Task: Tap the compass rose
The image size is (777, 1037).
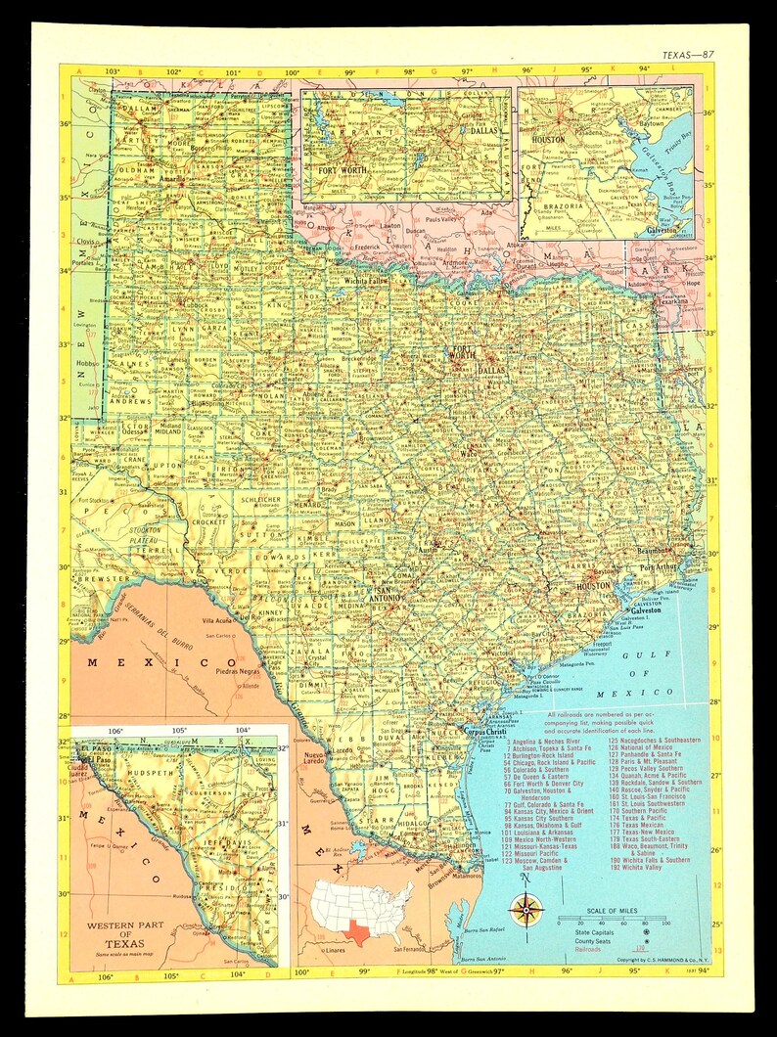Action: tap(527, 911)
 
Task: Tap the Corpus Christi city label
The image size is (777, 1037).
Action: tap(487, 731)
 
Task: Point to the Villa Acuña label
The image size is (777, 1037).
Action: tap(221, 620)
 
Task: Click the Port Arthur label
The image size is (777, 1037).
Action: tap(659, 566)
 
